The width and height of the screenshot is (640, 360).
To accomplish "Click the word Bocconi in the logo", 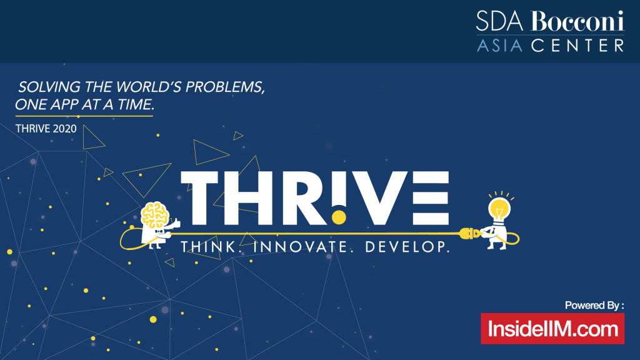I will pyautogui.click(x=577, y=23).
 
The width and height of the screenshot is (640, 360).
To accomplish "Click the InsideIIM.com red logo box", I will pyautogui.click(x=552, y=329).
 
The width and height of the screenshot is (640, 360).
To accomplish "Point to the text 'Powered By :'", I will pyautogui.click(x=594, y=306).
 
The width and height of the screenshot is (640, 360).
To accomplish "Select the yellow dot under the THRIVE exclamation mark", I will pyautogui.click(x=338, y=217).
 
